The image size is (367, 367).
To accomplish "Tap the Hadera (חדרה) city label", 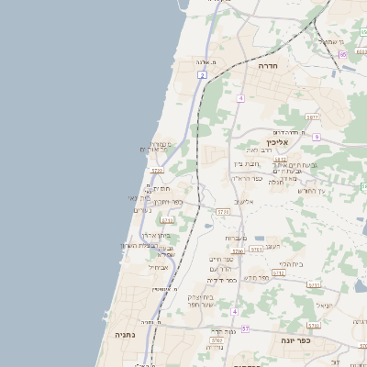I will (x=268, y=67).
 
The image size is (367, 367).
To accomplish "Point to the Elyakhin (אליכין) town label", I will (x=277, y=142).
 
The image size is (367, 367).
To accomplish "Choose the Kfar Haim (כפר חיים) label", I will (x=221, y=259).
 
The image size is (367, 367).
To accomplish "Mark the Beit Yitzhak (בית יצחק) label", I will (x=201, y=296).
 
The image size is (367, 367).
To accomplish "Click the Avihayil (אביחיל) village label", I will (x=157, y=268).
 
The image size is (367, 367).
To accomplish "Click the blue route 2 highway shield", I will (x=201, y=75).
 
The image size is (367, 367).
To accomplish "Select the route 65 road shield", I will (x=341, y=54).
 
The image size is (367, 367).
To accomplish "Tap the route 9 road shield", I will (x=316, y=137).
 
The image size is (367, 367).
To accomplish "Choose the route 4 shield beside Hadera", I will (x=240, y=97).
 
